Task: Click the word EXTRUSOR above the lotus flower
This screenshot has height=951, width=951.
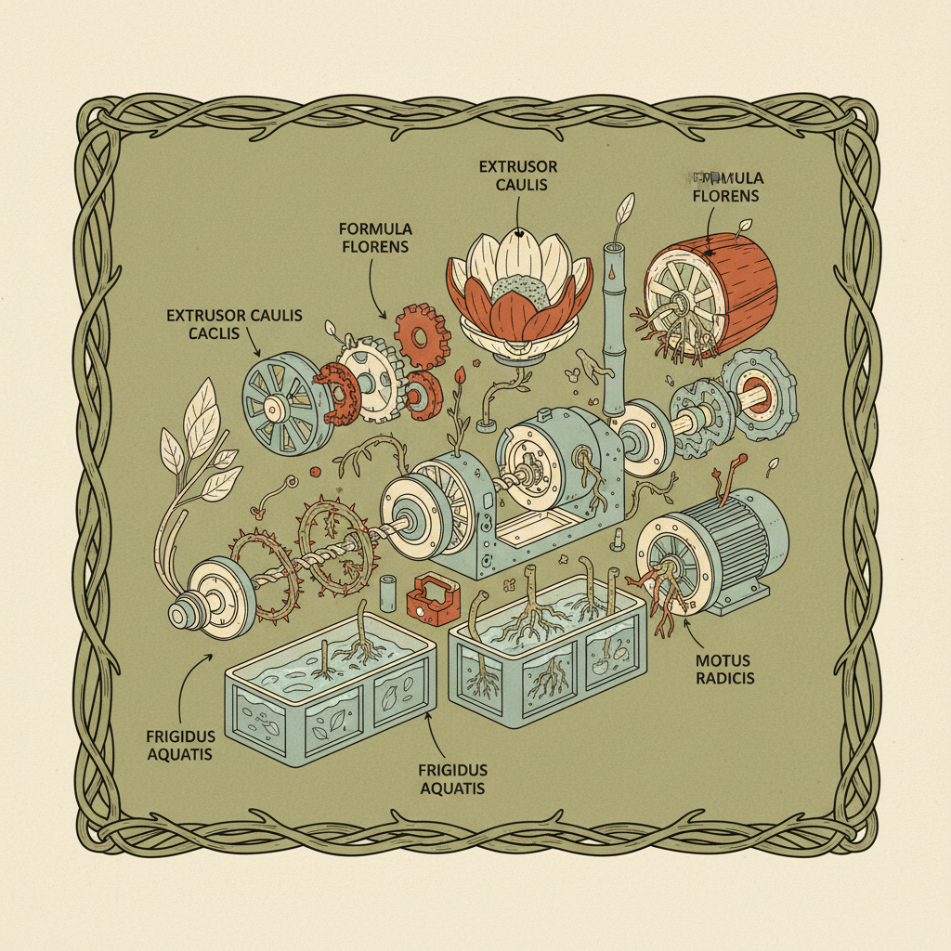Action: [518, 167]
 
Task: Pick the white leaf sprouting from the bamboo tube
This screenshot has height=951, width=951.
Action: [625, 205]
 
